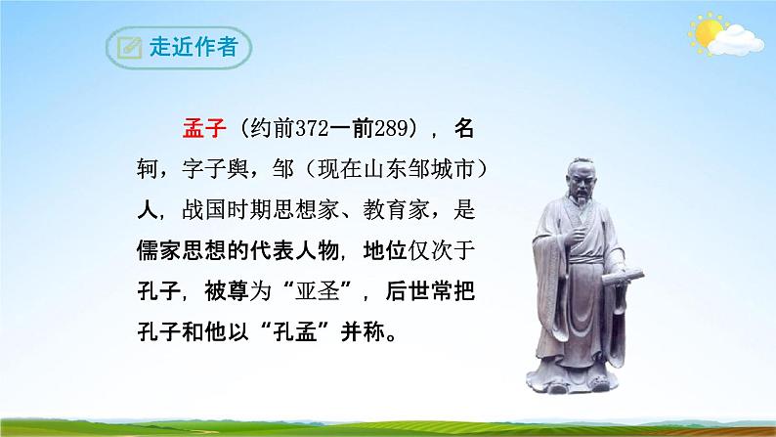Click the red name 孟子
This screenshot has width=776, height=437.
(204, 128)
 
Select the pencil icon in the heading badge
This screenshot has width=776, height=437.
(126, 47)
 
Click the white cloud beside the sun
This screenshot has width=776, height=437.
(737, 38)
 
